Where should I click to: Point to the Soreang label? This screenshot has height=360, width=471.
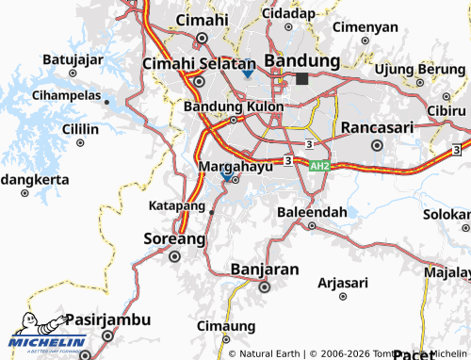click(173, 238)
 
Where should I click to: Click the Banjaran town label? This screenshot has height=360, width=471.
click(265, 270)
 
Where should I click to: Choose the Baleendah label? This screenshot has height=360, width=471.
click(312, 212)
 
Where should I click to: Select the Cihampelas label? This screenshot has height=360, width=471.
click(66, 95)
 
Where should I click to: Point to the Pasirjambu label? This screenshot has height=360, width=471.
click(107, 319)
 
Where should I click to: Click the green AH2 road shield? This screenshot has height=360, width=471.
click(320, 165)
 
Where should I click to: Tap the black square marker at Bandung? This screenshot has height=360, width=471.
click(301, 79)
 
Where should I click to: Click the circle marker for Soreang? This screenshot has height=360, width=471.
click(173, 255)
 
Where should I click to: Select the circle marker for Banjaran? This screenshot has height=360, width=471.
click(265, 286)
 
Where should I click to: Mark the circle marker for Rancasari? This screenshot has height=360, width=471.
click(377, 145)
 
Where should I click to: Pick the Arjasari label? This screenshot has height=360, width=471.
click(344, 282)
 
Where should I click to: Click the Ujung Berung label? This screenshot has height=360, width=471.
click(419, 69)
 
